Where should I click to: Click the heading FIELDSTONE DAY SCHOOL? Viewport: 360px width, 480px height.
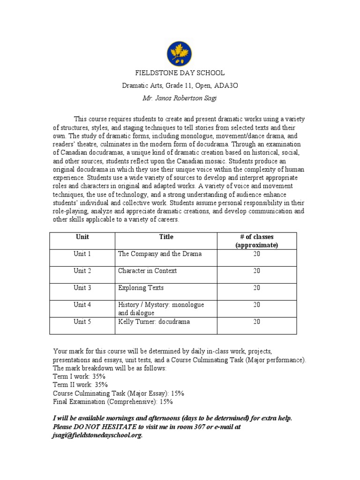pyautogui.click(x=180, y=73)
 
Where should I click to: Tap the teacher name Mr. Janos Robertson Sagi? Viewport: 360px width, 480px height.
pyautogui.click(x=180, y=98)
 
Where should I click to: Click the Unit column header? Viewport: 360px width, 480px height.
pyautogui.click(x=82, y=237)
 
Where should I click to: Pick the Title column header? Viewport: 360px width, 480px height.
pyautogui.click(x=166, y=237)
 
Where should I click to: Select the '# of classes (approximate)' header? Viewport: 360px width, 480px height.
pyautogui.click(x=256, y=241)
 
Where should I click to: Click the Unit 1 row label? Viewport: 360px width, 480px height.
pyautogui.click(x=82, y=254)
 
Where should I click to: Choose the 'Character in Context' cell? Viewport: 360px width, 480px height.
pyautogui.click(x=147, y=271)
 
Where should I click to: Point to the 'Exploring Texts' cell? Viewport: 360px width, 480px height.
pyautogui.click(x=141, y=288)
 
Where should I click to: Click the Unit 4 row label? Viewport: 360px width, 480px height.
pyautogui.click(x=82, y=305)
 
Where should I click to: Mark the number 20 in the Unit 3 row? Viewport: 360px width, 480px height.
pyautogui.click(x=256, y=288)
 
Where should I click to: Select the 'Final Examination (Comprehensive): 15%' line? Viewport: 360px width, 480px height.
pyautogui.click(x=113, y=402)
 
